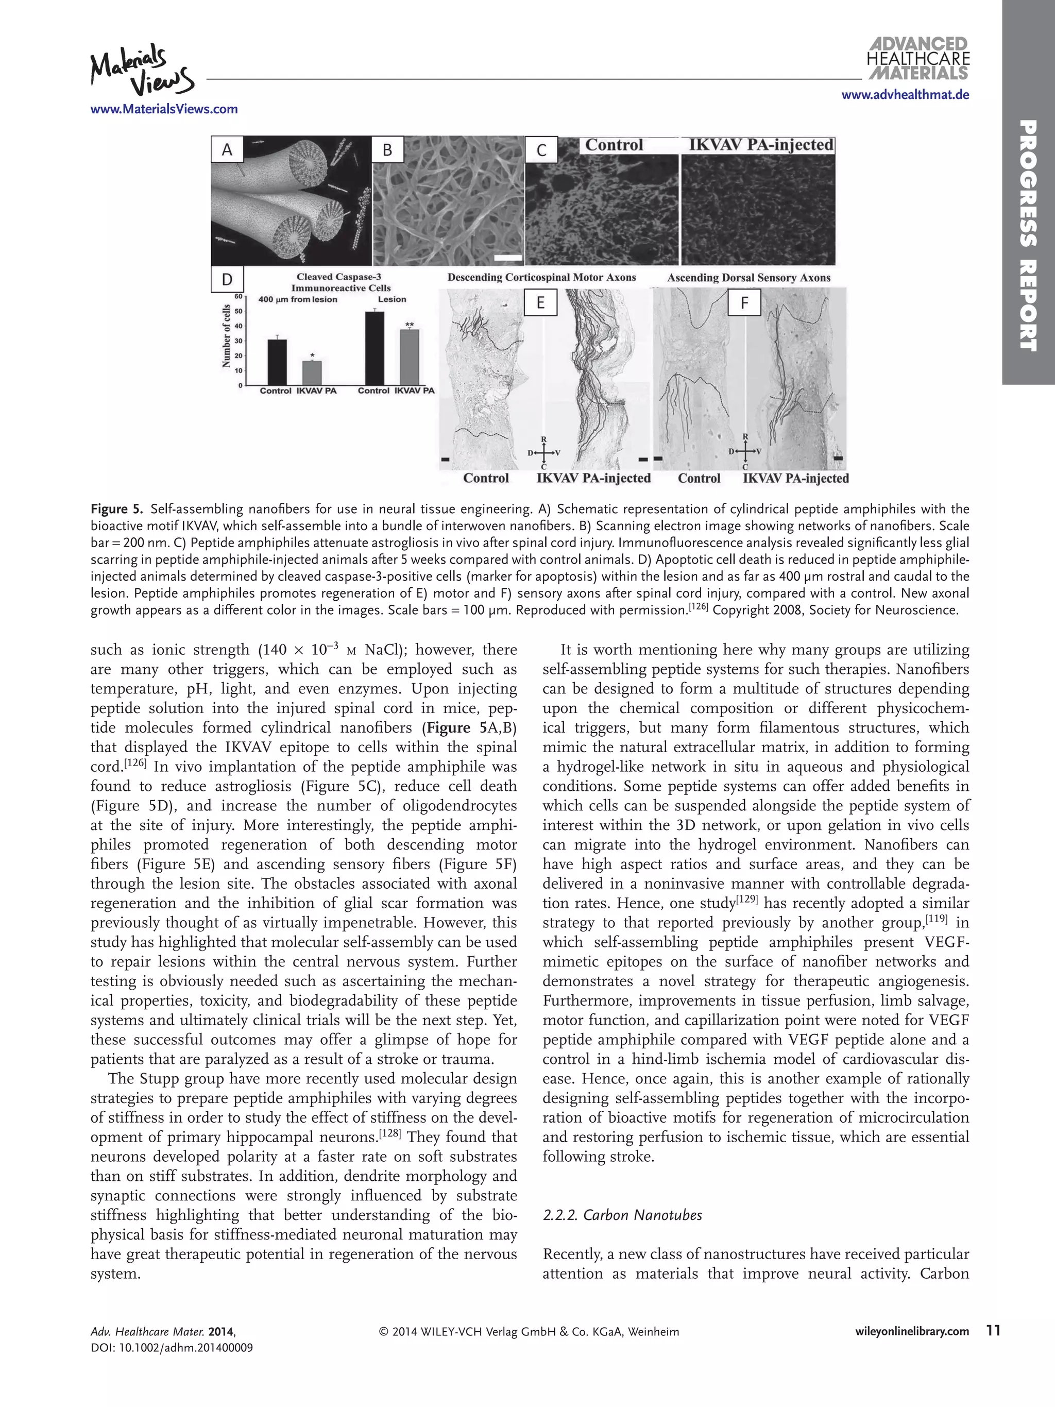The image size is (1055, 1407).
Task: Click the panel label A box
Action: [x=227, y=150]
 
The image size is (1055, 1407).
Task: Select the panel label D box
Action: [x=227, y=279]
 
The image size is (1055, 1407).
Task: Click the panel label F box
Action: [x=745, y=303]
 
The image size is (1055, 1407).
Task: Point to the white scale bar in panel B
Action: [x=507, y=258]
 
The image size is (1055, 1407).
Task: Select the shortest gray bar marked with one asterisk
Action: [x=312, y=372]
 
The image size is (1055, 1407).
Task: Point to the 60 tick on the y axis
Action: [x=238, y=296]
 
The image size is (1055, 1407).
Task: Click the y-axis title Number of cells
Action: [x=226, y=336]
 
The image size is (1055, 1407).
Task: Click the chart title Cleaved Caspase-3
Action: [x=338, y=277]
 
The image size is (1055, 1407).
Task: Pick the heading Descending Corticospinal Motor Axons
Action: [x=541, y=277]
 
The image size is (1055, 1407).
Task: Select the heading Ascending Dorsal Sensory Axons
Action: [x=748, y=277]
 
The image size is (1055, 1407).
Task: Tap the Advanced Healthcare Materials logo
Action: [x=917, y=59]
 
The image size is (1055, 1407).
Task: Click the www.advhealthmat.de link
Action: [x=905, y=95]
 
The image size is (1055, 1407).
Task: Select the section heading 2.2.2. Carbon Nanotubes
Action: [x=622, y=1215]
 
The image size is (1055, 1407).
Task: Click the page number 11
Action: [x=993, y=1331]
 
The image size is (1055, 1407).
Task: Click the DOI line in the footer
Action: [x=171, y=1347]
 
